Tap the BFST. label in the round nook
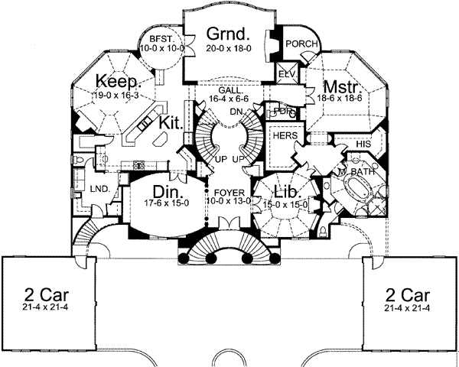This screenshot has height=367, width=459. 158,38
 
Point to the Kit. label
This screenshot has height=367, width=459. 171,123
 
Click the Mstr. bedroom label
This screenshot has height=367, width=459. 337,86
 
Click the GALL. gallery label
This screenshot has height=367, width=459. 230,90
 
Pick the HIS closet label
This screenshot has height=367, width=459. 364,143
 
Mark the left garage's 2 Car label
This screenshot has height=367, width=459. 43,294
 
